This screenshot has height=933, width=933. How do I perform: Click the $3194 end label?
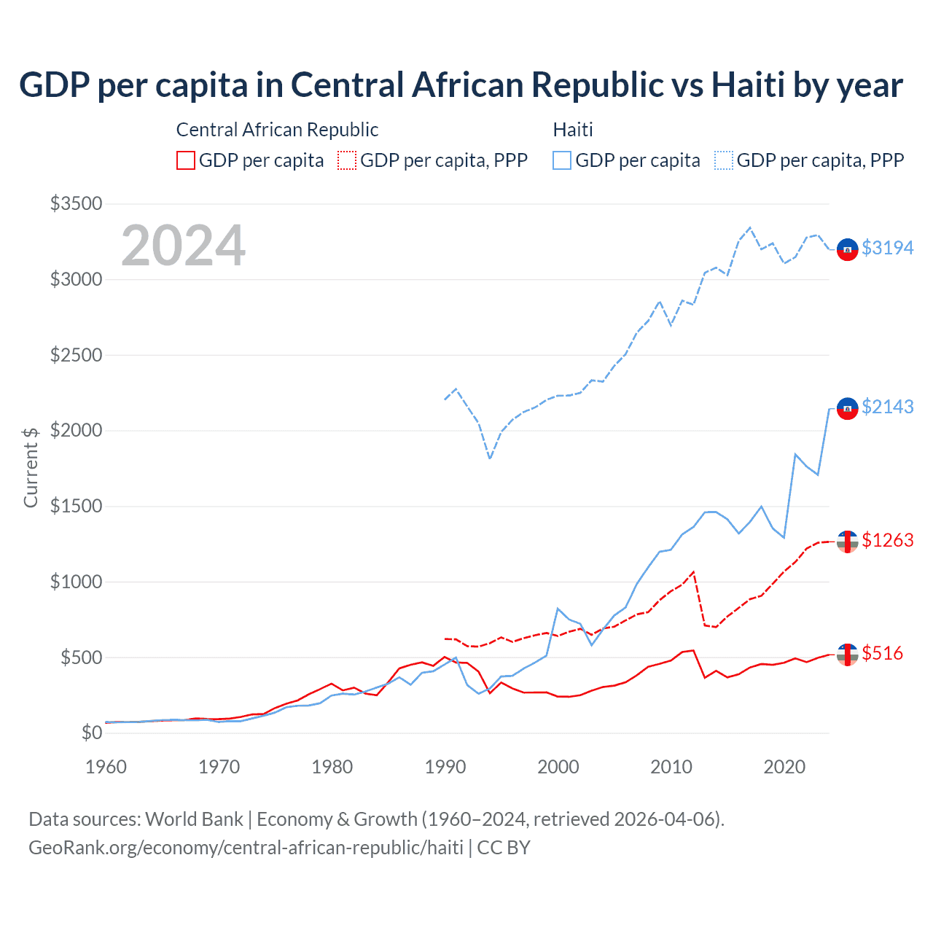pyautogui.click(x=887, y=248)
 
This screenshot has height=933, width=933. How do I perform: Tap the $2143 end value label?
pyautogui.click(x=887, y=407)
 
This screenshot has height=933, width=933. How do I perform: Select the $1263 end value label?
pyautogui.click(x=887, y=540)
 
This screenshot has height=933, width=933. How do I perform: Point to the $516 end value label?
pyautogui.click(x=882, y=653)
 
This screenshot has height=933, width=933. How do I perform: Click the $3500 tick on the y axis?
pyautogui.click(x=76, y=203)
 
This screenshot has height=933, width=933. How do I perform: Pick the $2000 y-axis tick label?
pyautogui.click(x=76, y=430)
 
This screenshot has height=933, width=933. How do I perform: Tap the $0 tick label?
pyautogui.click(x=91, y=733)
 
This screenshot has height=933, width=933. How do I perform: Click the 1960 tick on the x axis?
pyautogui.click(x=106, y=767)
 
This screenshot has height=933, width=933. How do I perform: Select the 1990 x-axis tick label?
pyautogui.click(x=445, y=767)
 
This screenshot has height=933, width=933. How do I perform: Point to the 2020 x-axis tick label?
pyautogui.click(x=784, y=767)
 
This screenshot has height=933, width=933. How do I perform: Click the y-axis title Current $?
pyautogui.click(x=31, y=467)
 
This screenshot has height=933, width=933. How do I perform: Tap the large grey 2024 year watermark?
pyautogui.click(x=183, y=246)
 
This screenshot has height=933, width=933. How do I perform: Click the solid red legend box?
pyautogui.click(x=186, y=160)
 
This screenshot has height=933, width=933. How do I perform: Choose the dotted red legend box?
pyautogui.click(x=347, y=160)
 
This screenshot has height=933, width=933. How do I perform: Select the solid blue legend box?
pyautogui.click(x=562, y=160)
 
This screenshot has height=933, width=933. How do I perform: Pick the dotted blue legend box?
pyautogui.click(x=724, y=160)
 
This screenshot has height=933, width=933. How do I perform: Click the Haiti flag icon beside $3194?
pyautogui.click(x=847, y=249)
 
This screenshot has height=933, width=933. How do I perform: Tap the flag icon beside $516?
pyautogui.click(x=847, y=655)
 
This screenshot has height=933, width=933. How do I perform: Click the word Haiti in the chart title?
pyautogui.click(x=748, y=85)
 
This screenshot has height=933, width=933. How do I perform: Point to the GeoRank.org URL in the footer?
pyautogui.click(x=246, y=848)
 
